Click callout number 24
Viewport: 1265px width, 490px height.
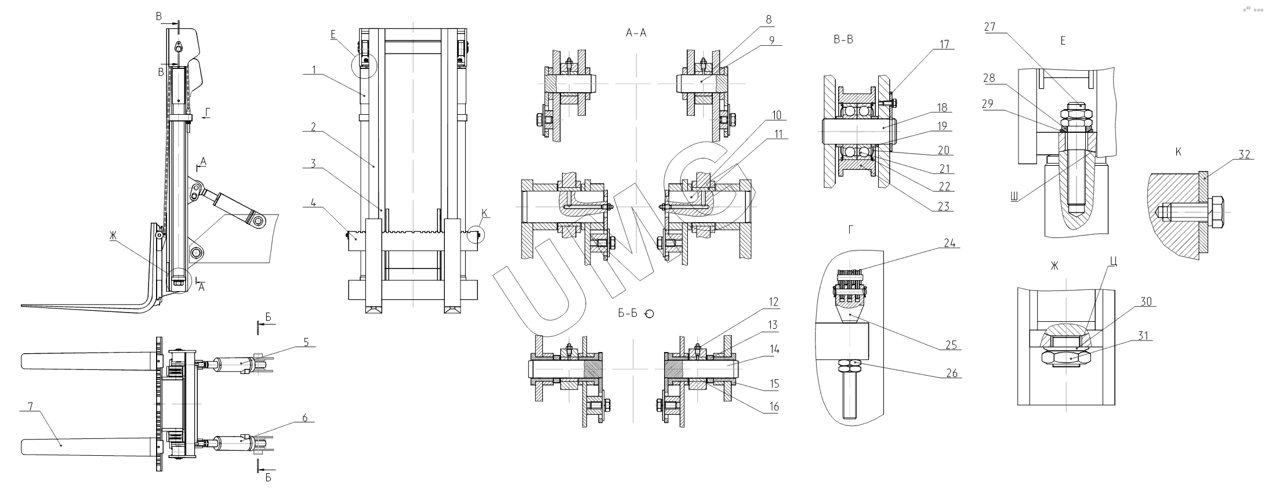[950, 244]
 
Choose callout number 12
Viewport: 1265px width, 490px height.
[773, 302]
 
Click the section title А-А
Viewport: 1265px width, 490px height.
[636, 34]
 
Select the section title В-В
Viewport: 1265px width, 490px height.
[842, 41]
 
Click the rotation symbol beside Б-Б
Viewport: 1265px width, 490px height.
[649, 314]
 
